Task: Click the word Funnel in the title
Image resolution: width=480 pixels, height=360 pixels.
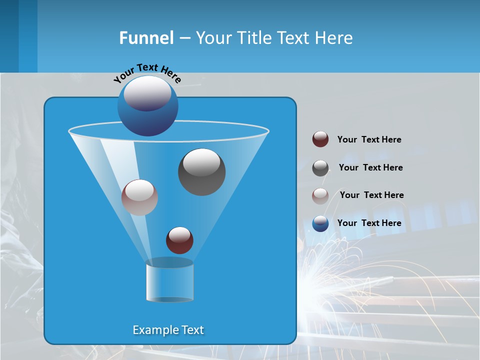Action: (146, 38)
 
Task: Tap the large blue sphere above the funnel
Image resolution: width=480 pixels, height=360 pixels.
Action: (147, 105)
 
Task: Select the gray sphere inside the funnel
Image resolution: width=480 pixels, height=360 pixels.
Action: (201, 172)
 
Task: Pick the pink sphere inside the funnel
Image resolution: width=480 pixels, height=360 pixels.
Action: (139, 197)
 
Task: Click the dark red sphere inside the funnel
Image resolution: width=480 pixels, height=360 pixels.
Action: (179, 240)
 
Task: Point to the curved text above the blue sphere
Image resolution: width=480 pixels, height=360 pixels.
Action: (147, 73)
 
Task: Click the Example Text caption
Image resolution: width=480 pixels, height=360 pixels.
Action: (168, 330)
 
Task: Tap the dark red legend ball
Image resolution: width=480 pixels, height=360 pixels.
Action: (320, 139)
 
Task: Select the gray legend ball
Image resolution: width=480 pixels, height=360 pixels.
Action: (320, 168)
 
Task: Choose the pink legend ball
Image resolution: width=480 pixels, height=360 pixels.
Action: (320, 196)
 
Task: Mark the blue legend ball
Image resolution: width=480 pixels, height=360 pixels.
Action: (320, 223)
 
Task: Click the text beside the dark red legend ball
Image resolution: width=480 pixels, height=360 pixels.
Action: (369, 139)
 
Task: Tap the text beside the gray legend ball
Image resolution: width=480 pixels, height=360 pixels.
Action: (370, 167)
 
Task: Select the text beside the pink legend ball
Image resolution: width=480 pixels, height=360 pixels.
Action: (371, 195)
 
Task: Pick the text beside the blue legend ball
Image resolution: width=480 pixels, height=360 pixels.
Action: (369, 223)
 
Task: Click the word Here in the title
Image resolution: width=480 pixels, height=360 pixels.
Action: (333, 38)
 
